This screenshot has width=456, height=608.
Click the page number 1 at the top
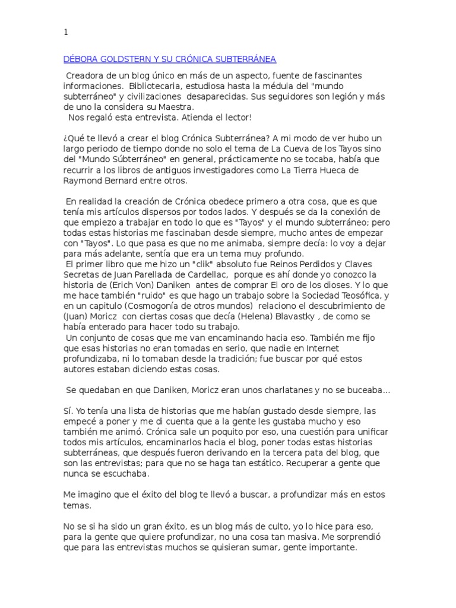click(65, 33)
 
